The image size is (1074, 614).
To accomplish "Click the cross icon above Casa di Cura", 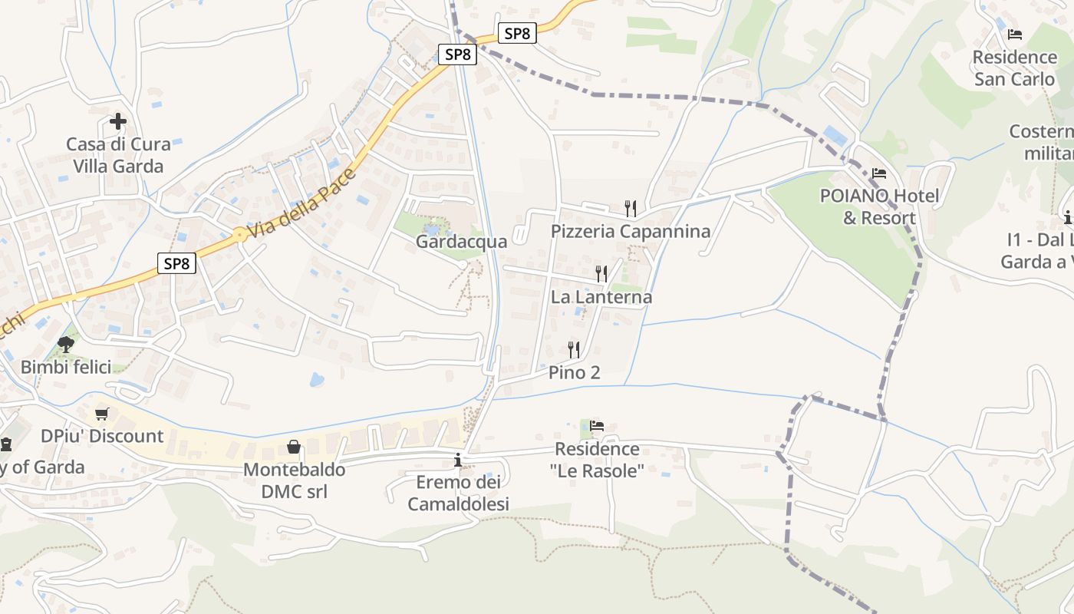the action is tap(118, 121).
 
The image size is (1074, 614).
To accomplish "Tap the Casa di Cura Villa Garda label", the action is tap(118, 155).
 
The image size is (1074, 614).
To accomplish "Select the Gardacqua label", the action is tap(461, 242).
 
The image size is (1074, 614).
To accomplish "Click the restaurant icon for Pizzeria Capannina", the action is tap(630, 208).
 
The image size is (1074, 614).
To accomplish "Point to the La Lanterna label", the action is tap(601, 297).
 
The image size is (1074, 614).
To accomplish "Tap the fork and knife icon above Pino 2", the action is tap(574, 350).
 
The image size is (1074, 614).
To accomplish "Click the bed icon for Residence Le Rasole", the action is tap(597, 425).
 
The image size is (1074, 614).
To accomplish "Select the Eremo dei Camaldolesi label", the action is tap(458, 493).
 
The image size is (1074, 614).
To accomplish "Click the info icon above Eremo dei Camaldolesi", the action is tap(458, 460).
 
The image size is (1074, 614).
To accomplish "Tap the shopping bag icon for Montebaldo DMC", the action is tap(294, 447).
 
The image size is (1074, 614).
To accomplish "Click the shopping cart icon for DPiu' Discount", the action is tap(101, 414).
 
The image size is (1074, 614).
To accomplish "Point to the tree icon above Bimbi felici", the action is tap(66, 344).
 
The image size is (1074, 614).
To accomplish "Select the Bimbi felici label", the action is tap(66, 367).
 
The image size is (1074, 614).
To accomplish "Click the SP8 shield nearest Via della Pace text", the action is tap(176, 263).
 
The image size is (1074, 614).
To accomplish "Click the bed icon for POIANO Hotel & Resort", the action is tap(879, 173).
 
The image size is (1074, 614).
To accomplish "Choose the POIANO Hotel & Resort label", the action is tap(879, 206).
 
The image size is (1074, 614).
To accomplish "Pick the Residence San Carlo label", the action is tap(1014, 68).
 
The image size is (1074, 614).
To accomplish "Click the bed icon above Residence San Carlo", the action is tap(1015, 35).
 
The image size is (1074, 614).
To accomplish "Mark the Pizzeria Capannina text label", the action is tap(631, 231).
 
